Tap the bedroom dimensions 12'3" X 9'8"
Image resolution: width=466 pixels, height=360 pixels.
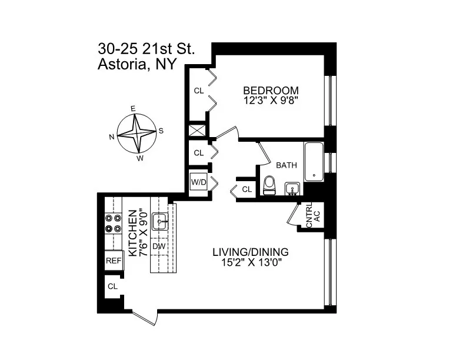click(x=271, y=100)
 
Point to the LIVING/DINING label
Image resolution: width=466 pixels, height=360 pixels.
click(x=250, y=253)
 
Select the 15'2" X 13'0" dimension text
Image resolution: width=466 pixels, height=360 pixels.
click(x=250, y=264)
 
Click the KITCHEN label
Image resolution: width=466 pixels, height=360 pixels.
click(x=133, y=233)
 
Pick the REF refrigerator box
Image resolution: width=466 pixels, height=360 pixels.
click(x=113, y=260)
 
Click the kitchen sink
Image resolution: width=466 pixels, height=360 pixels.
click(x=160, y=222)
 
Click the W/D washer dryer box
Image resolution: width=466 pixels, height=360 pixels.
click(x=198, y=182)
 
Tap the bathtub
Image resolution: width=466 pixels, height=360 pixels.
click(x=314, y=161)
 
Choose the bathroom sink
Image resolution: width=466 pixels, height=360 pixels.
click(x=291, y=188)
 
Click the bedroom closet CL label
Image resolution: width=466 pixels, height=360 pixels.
click(x=199, y=91)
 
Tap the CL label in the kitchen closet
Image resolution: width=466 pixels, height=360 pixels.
click(x=112, y=286)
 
